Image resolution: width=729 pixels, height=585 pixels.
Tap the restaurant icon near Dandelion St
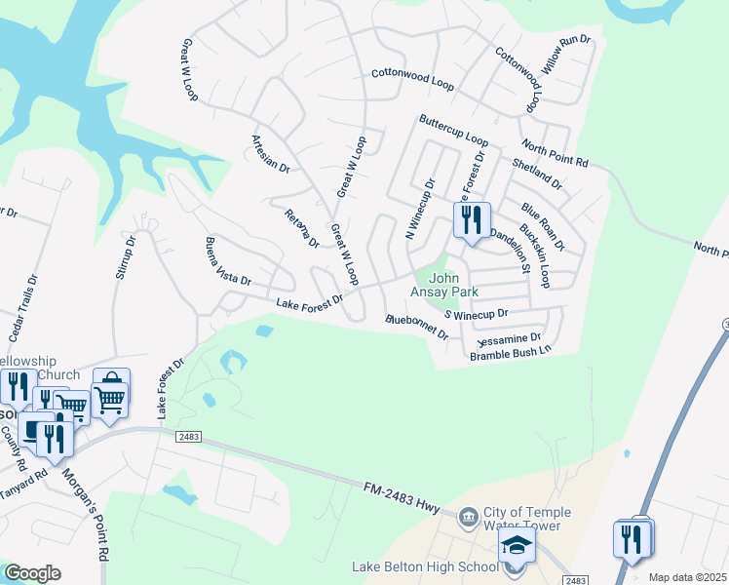[472, 220]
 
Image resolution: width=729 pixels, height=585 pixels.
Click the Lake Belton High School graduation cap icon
[517, 548]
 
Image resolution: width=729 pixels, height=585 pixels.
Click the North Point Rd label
[555, 153]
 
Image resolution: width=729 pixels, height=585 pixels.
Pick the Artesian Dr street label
[272, 154]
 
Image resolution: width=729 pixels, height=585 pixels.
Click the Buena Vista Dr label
[227, 261]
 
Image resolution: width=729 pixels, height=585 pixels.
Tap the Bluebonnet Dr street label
[416, 327]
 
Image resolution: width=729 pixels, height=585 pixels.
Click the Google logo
[31, 573]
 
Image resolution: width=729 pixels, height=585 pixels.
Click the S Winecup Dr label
[477, 314]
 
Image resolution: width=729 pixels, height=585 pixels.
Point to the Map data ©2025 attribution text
[686, 577]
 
